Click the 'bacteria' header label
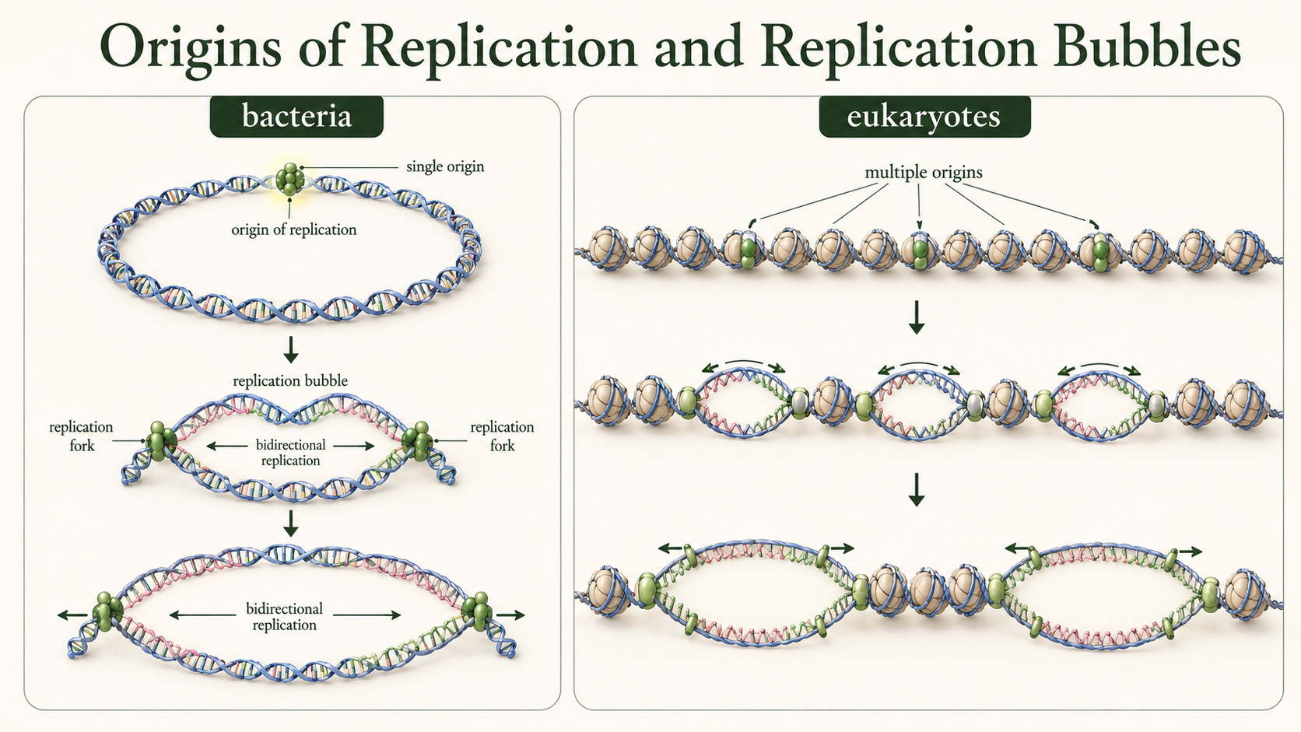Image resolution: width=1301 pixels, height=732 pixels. (x=296, y=116)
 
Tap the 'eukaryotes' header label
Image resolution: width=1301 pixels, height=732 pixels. (x=924, y=116)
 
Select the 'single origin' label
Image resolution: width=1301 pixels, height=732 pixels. (x=445, y=166)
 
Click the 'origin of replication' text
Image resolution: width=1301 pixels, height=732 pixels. (x=294, y=230)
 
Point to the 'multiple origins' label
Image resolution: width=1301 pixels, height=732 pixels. (x=924, y=173)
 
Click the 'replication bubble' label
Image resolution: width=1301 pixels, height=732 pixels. (x=290, y=381)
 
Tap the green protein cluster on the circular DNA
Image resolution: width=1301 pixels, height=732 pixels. (x=289, y=177)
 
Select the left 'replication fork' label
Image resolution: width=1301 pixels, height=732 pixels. (x=81, y=436)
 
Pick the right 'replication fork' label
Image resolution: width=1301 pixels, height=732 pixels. (x=502, y=436)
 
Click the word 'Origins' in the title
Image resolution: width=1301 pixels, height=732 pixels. (x=191, y=47)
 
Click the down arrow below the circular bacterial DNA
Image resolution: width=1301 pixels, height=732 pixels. (x=290, y=349)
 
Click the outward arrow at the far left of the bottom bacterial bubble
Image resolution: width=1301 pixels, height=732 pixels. (x=73, y=615)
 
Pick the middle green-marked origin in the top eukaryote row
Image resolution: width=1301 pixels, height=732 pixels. (x=920, y=250)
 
